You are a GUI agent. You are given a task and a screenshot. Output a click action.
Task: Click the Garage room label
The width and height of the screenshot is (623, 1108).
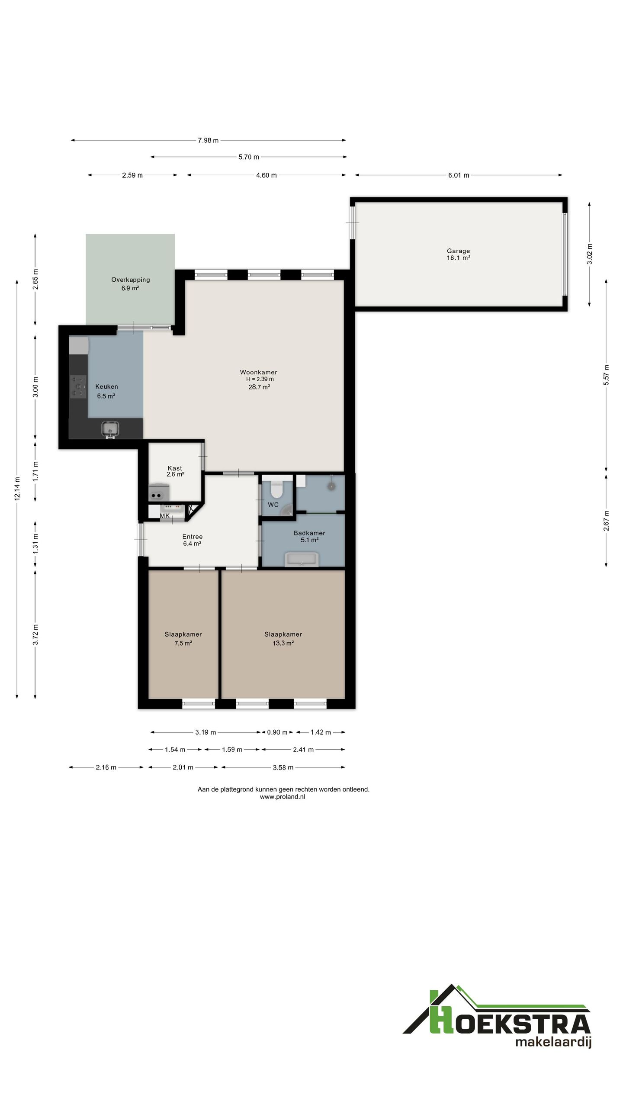tap(458, 251)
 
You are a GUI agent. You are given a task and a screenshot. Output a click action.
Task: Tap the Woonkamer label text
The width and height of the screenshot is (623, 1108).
tap(258, 372)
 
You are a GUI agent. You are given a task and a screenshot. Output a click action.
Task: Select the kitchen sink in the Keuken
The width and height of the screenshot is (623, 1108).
tap(109, 429)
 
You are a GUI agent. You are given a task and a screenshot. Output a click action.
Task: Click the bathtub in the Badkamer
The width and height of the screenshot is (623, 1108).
tap(302, 559)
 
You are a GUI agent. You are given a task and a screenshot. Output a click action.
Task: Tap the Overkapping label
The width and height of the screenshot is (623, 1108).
tap(130, 280)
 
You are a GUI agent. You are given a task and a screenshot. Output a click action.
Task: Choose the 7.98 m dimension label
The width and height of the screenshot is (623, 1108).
tap(208, 140)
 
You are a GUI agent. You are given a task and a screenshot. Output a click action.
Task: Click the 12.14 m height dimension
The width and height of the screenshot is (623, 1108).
tap(17, 489)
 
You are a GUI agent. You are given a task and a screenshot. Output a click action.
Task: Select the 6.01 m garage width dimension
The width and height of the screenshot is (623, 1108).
tap(459, 175)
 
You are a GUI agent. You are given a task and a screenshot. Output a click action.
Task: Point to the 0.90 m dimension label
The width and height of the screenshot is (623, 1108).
tap(277, 732)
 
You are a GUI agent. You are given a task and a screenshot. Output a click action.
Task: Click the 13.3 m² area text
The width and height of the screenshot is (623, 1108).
tap(283, 643)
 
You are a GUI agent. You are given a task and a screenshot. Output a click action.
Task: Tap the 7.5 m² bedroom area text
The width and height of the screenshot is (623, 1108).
tap(183, 643)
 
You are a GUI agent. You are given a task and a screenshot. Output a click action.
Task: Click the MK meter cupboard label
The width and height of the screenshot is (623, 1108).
tap(165, 516)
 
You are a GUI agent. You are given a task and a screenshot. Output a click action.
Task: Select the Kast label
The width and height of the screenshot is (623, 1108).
tap(175, 468)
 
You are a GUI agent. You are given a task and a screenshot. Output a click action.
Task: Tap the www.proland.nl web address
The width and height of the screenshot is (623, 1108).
tap(283, 797)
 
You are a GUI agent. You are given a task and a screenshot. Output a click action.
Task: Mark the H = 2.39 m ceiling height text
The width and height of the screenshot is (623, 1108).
tap(260, 379)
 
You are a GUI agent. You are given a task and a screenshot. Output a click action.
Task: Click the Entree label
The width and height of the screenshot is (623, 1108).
tap(193, 536)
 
